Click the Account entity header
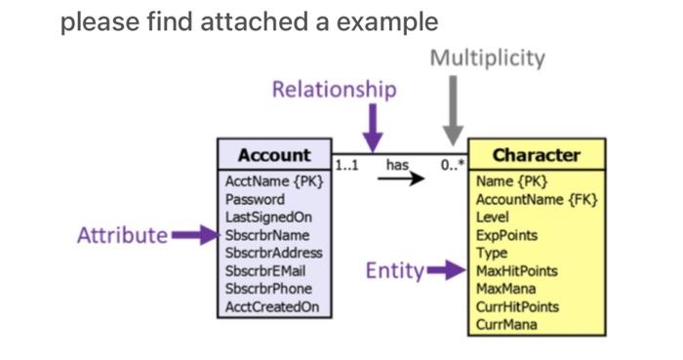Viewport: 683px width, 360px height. point(274,155)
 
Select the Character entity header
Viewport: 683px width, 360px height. point(536,155)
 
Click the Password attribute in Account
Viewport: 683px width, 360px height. point(255,199)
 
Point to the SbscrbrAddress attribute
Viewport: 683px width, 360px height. point(273,253)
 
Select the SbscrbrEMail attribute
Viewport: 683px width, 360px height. point(266,270)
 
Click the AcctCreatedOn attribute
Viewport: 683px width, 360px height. point(271,306)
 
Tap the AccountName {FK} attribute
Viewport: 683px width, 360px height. point(536,199)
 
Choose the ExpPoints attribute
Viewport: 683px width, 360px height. point(506,235)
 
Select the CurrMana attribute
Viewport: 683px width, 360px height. point(505,324)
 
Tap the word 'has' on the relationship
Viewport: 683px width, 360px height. point(397,165)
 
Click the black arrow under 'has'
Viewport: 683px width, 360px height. point(402,180)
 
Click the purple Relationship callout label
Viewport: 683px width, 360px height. point(334,90)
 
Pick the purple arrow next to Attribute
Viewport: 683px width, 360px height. point(194,235)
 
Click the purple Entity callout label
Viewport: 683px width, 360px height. point(394,271)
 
